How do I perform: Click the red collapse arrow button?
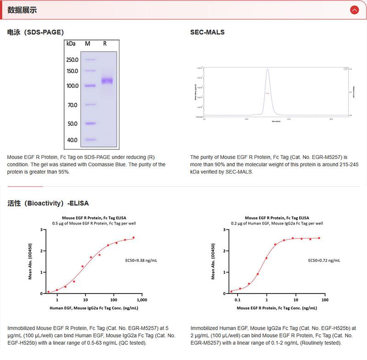pos(354,10)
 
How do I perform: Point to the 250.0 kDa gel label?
pos(72,60)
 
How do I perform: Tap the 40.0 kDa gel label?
pos(72,140)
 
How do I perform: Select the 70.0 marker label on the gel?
pos(72,105)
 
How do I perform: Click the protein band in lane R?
pos(107,81)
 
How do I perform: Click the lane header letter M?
pos(88,44)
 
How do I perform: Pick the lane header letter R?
pos(105,44)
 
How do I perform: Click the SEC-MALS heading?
pos(207,32)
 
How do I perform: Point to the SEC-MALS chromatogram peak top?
pos(267,69)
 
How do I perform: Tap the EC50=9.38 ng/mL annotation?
pos(141,260)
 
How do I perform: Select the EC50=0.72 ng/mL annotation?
pos(324,260)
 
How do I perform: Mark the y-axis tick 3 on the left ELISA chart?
pos(42,230)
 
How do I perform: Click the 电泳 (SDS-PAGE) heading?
pos(35,32)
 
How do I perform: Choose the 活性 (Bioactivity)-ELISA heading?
pos(48,203)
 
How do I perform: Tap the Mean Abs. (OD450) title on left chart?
pos(30,261)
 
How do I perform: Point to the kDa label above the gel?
pos(71,44)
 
